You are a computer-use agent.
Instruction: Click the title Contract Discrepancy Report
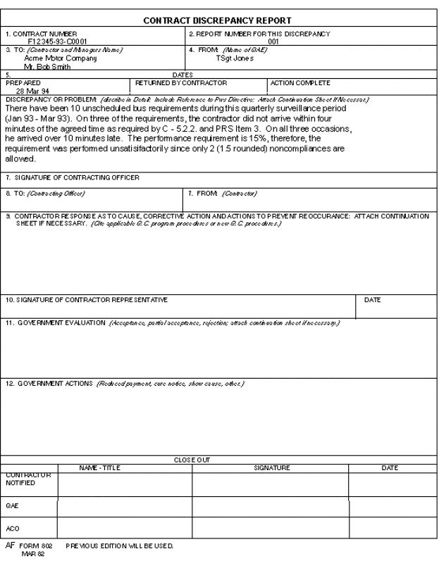click(219, 21)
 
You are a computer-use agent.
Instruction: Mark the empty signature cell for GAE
click(271, 505)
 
